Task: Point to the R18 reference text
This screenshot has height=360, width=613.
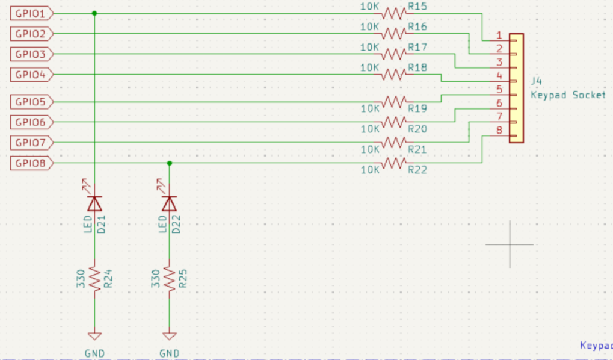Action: (x=417, y=67)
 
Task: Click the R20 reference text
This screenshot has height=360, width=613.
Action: (x=417, y=129)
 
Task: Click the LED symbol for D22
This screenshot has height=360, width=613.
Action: (x=169, y=203)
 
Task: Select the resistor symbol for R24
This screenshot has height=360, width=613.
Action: (x=94, y=278)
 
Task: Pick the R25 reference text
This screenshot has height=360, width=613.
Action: (x=183, y=279)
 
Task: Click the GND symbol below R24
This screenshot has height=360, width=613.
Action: (x=94, y=337)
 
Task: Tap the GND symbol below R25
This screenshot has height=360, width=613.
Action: (x=169, y=337)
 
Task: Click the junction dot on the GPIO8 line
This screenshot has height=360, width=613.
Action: (x=169, y=163)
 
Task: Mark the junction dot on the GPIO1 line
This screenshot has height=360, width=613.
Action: (x=94, y=13)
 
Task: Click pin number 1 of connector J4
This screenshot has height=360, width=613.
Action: (x=499, y=36)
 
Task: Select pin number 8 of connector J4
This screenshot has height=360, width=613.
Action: (x=499, y=130)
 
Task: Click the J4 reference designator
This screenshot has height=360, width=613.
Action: (x=537, y=81)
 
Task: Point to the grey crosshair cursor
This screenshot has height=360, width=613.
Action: (x=510, y=244)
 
